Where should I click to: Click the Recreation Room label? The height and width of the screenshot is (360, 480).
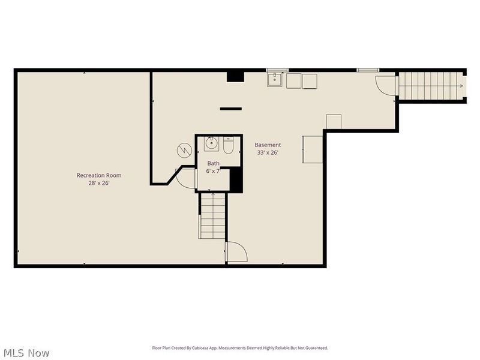(x=99, y=175)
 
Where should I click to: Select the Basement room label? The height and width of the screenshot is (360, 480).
(x=268, y=145)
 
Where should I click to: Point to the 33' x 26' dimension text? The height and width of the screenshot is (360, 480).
(x=268, y=152)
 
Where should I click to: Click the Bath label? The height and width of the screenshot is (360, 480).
(x=213, y=163)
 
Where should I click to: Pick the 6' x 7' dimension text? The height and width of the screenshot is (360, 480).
(x=213, y=171)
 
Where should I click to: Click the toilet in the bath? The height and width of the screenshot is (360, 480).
(x=229, y=145)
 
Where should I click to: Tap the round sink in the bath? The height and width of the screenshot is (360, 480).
(x=212, y=143)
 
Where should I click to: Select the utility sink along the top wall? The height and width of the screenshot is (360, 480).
(x=275, y=80)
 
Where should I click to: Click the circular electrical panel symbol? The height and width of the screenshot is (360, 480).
(x=184, y=151)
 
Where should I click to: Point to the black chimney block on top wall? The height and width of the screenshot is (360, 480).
(x=235, y=77)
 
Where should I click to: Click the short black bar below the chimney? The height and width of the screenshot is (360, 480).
(x=231, y=109)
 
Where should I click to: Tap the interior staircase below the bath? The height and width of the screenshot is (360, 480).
(x=213, y=216)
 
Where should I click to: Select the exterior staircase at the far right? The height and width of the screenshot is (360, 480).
(x=430, y=86)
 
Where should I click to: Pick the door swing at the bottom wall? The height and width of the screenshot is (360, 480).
(x=236, y=251)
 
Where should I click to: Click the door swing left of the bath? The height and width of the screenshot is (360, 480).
(x=186, y=178)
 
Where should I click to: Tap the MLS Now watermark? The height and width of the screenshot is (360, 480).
(x=25, y=353)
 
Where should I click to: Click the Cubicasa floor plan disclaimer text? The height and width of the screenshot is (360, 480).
(x=240, y=348)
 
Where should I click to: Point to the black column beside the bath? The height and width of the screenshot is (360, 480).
(x=236, y=180)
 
